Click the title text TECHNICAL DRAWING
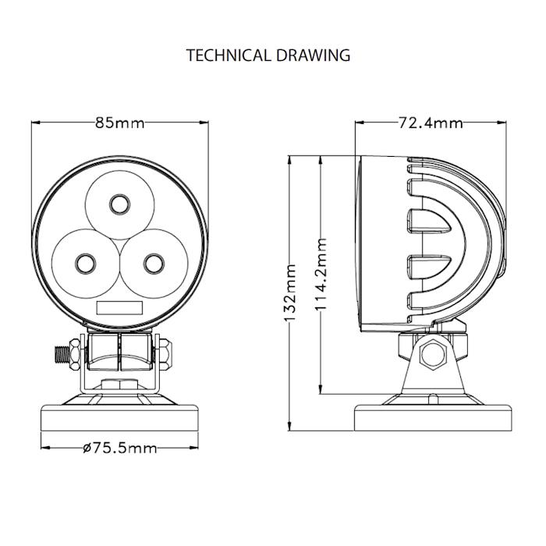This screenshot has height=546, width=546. pyautogui.click(x=268, y=55)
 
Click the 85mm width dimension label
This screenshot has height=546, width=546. pyautogui.click(x=120, y=123)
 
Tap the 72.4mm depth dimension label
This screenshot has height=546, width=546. pyautogui.click(x=430, y=123)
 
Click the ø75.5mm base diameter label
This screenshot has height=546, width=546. pyautogui.click(x=119, y=448)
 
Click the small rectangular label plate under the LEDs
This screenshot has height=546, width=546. pyautogui.click(x=120, y=307)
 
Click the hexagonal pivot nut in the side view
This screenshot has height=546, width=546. pyautogui.click(x=430, y=356)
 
